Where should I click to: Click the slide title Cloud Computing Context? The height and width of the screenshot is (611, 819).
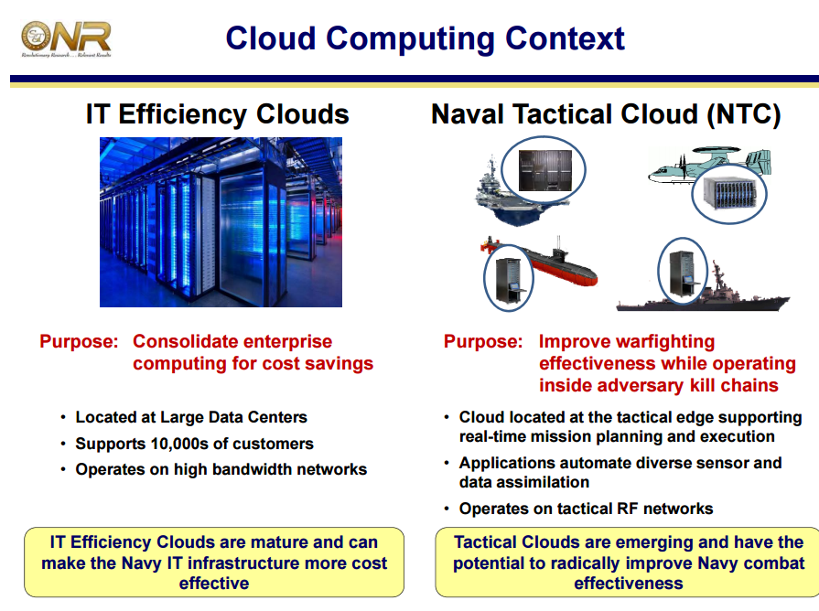(x=425, y=38)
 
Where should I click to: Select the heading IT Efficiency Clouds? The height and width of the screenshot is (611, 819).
(x=218, y=114)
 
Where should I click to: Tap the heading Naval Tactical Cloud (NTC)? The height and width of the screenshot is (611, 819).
(x=606, y=114)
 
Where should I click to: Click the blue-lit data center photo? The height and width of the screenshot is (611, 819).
(x=221, y=221)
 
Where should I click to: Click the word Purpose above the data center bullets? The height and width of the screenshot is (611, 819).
(x=79, y=342)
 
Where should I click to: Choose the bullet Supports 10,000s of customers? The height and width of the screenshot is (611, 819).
(x=194, y=444)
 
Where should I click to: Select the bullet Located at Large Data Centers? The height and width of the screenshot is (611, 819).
(x=190, y=417)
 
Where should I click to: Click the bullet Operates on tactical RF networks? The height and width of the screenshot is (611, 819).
(x=586, y=509)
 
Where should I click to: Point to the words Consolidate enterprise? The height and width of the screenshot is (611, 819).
(x=232, y=342)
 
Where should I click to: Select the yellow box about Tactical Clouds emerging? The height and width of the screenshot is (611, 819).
(x=628, y=563)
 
